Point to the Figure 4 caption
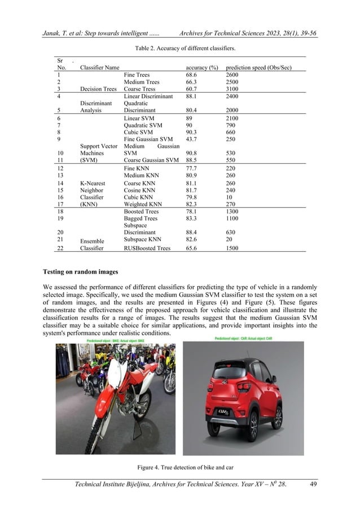180,467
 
